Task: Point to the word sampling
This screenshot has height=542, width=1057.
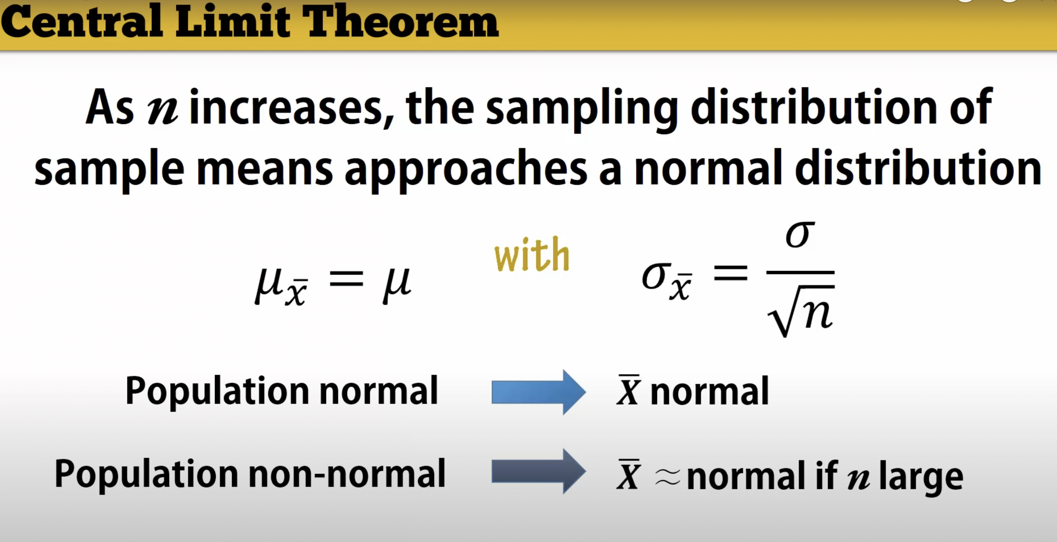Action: coord(582,109)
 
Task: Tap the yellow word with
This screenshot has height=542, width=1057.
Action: coord(532,254)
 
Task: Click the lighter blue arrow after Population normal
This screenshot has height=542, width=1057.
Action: coord(539,392)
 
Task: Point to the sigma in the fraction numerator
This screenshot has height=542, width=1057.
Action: coord(800,234)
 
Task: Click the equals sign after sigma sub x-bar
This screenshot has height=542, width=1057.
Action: coord(731,273)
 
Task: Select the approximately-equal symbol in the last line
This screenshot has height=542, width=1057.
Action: coord(668,478)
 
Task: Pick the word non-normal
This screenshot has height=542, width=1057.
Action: coord(347,473)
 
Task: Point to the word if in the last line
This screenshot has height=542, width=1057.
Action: coord(826,473)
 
